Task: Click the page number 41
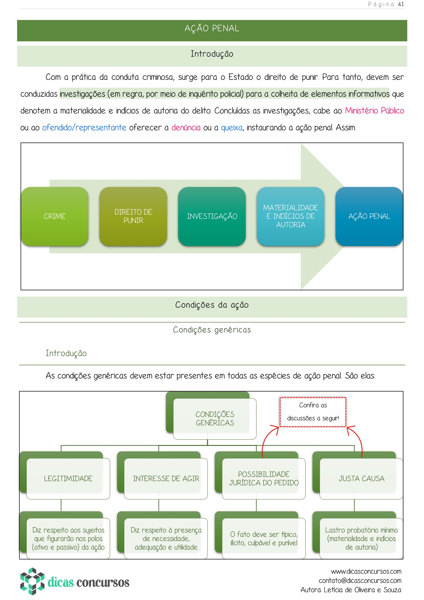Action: (x=401, y=4)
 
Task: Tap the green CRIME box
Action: (x=55, y=216)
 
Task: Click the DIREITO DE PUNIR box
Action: (x=133, y=216)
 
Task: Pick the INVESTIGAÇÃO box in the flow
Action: (x=212, y=216)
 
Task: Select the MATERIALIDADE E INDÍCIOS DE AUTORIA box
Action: (x=290, y=216)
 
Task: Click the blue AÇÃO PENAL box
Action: (x=369, y=216)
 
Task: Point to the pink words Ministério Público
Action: (x=374, y=111)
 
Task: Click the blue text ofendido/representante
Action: (x=84, y=128)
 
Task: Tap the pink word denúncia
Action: (x=186, y=128)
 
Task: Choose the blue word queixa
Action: (x=232, y=128)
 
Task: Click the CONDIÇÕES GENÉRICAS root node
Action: (x=214, y=419)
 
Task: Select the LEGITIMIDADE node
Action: (x=68, y=478)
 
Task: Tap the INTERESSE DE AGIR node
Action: (x=166, y=478)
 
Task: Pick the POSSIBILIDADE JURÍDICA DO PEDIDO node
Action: (x=264, y=478)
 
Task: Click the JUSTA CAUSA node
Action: (x=361, y=478)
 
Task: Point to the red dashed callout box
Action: (x=313, y=412)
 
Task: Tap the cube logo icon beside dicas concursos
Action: (x=32, y=581)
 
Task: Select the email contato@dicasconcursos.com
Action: (x=360, y=581)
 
